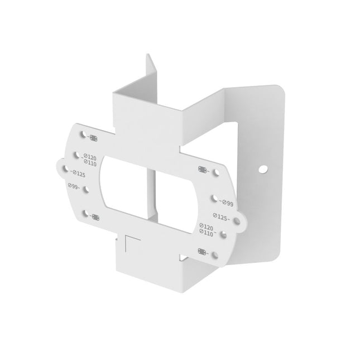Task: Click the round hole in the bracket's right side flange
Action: (264, 167)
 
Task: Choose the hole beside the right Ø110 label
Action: (222, 236)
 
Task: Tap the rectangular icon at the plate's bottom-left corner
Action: (95, 217)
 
